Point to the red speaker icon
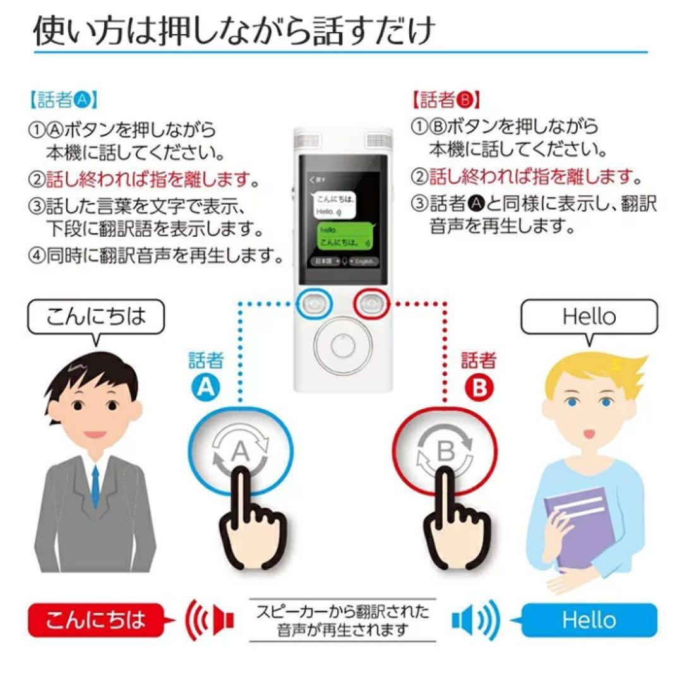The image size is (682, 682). click(209, 619)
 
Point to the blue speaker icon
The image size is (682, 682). click(475, 619)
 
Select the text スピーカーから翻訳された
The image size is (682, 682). click(342, 611)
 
